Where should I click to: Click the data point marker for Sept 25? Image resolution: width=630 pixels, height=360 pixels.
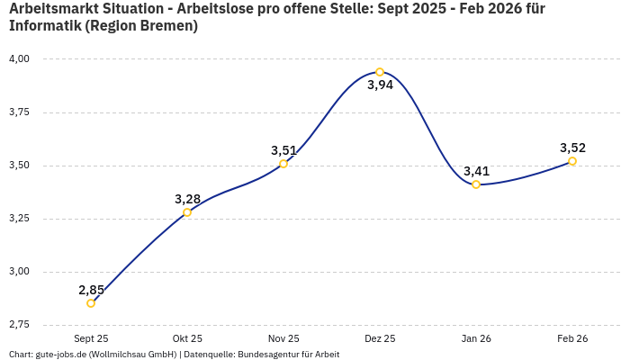[91, 303]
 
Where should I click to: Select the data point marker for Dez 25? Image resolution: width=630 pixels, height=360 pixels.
[380, 72]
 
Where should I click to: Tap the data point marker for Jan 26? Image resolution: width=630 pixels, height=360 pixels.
[476, 184]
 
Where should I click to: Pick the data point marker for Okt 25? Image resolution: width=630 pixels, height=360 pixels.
[187, 212]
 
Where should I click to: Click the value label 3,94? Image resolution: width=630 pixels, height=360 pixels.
[380, 85]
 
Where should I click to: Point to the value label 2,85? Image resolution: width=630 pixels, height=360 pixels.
[91, 290]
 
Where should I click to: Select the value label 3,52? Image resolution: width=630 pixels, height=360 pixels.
[572, 148]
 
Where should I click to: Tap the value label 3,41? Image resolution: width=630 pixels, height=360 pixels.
[476, 171]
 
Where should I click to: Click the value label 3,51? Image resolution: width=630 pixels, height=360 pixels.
[283, 150]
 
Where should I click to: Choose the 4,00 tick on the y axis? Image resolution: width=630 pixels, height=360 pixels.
[19, 59]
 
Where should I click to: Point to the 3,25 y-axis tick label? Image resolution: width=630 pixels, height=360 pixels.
[19, 219]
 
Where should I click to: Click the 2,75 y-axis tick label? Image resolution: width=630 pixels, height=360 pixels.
[19, 324]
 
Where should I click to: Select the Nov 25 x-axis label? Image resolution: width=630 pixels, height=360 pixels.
[283, 338]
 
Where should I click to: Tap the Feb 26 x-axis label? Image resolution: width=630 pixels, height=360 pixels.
[572, 338]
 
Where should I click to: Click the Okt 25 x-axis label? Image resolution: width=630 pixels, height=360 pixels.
[187, 338]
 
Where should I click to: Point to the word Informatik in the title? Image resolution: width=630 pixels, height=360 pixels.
[46, 26]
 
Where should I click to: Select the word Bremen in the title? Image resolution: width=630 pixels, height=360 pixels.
[166, 26]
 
